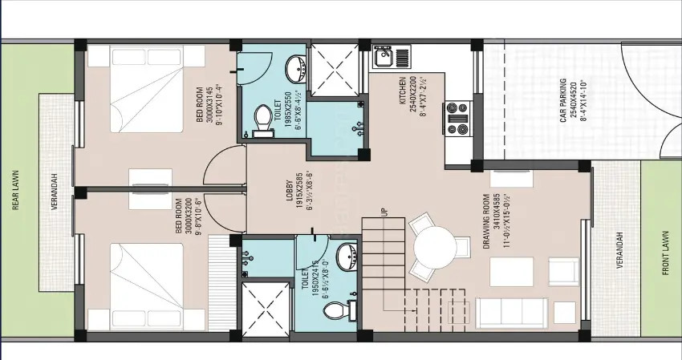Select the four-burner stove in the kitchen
coord(458,118)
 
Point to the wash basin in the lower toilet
coord(346,257)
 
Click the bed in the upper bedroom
coord(144,101)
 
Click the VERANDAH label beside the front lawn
coord(619,252)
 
